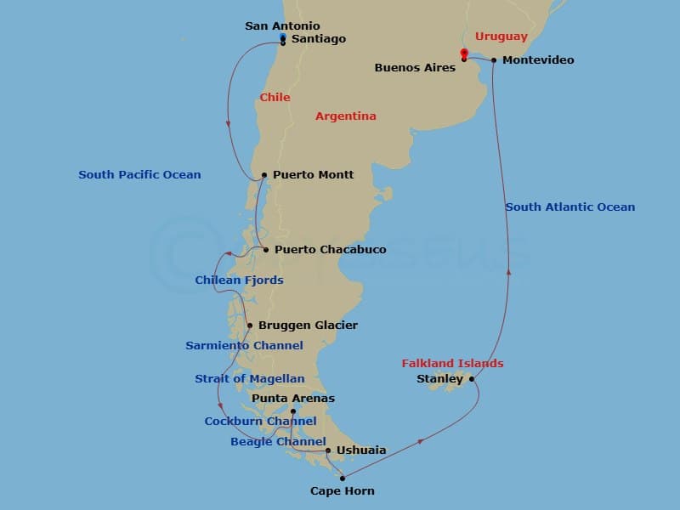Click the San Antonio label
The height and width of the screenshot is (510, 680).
pos(282,26)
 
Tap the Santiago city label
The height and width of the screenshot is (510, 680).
pos(318,39)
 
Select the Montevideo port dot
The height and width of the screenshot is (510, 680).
pos(494,60)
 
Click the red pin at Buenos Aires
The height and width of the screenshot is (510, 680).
pos(463,54)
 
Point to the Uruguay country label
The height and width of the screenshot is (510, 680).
pos(501,37)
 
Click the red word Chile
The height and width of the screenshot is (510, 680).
pos(275,98)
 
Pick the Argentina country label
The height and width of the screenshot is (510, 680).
pos(345,116)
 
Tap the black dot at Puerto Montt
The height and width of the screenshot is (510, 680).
pos(265,175)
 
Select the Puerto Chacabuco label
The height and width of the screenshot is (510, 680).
pos(330,250)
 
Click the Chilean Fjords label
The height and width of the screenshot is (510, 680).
pos(239,280)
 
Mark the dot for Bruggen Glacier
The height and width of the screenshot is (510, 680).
pos(250,326)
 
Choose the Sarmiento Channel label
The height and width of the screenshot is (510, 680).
pos(244,346)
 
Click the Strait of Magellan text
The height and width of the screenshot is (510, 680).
pos(249,379)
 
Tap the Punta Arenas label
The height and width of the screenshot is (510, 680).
pos(293,398)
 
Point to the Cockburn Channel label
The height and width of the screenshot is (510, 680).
pos(260,422)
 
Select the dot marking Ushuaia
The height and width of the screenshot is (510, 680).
pos(328,450)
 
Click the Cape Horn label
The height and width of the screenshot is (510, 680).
pos(342,491)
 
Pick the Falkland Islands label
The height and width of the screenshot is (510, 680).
pos(452,364)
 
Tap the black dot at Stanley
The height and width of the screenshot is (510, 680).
pos(472,379)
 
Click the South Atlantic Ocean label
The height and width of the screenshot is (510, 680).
pos(569,207)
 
